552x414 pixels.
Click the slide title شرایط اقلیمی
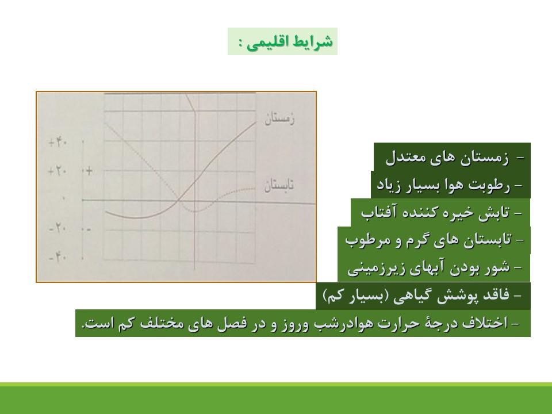coord(289,42)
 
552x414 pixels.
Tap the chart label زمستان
coord(279,118)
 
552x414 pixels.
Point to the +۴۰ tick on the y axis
coord(57,143)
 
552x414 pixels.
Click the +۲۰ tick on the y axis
coord(57,171)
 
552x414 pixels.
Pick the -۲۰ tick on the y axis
coord(57,229)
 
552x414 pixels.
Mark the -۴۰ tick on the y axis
coord(57,258)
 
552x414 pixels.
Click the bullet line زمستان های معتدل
coord(447,158)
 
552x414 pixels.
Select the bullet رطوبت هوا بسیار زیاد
coord(443,185)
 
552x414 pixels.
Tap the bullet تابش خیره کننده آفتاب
coord(435,213)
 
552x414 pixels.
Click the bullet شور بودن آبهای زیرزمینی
coord(429,268)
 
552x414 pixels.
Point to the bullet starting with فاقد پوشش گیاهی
coord(416,296)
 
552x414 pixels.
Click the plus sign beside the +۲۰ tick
coord(89,171)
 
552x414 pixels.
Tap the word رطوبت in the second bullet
coord(494,185)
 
